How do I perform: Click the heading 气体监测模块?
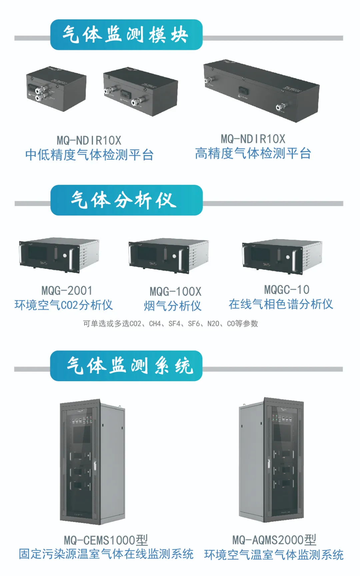pos(125,35)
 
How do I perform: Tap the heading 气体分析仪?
pos(124,200)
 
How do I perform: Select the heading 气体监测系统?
pos(130,366)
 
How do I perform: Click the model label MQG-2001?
pos(67,291)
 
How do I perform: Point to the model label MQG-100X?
pos(175,292)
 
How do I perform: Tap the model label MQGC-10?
pos(287,290)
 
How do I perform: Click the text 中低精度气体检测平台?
pos(89,155)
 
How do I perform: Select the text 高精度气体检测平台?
pos(253,153)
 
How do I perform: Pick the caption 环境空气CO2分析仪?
pos(64,305)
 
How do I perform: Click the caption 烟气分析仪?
pos(173,306)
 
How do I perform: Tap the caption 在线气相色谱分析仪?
pos(281,304)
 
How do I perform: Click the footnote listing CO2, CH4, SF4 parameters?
pos(171,324)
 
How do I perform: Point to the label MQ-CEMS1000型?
pos(106,540)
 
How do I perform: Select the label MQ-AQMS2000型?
pos(274,540)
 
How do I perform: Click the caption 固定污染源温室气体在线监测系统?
pos(106,554)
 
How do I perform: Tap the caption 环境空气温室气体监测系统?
pos(274,555)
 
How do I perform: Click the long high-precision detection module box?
pos(261,90)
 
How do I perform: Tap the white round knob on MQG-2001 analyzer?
pos(65,256)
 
